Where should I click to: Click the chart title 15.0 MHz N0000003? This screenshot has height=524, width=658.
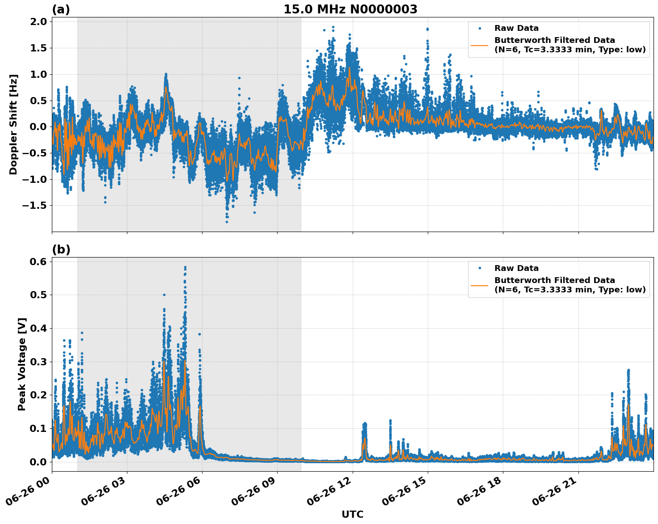click(350, 9)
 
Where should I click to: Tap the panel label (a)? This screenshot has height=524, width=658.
click(61, 9)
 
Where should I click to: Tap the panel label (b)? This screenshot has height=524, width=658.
click(61, 249)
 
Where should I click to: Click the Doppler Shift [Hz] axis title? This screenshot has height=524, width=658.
click(13, 124)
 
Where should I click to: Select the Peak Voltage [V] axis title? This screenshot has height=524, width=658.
click(22, 364)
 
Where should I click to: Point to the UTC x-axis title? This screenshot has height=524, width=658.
click(352, 514)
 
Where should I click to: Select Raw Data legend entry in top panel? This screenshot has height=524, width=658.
click(516, 28)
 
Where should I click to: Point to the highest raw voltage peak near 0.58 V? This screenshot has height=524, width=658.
click(185, 267)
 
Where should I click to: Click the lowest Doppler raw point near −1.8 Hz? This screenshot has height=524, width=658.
click(227, 222)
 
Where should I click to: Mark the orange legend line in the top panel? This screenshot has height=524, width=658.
click(480, 45)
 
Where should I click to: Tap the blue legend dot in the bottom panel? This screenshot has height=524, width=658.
click(480, 268)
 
